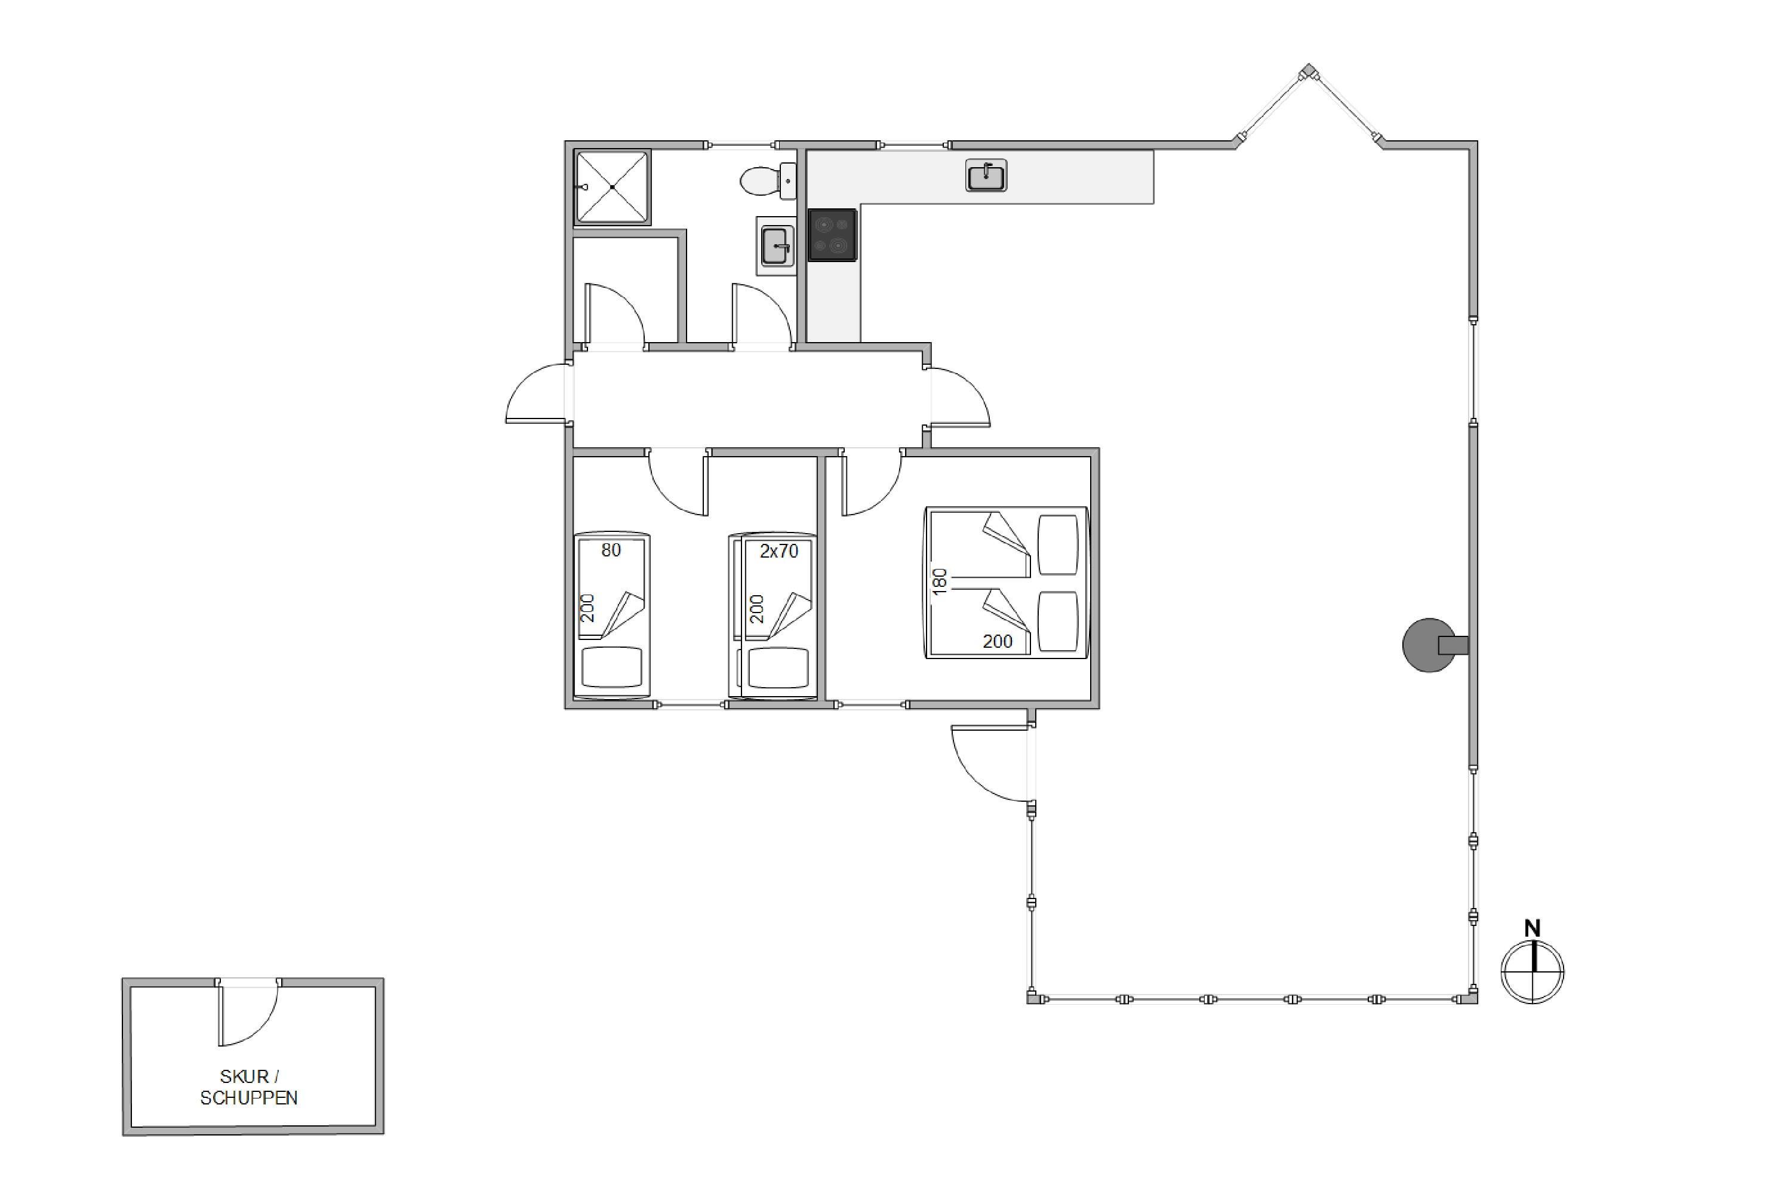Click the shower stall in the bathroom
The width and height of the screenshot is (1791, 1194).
click(x=613, y=186)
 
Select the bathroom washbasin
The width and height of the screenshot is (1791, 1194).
click(x=777, y=246)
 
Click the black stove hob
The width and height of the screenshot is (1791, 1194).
click(x=832, y=235)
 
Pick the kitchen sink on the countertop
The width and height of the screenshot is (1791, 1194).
click(x=986, y=175)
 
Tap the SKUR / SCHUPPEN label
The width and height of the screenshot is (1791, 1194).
click(x=249, y=1087)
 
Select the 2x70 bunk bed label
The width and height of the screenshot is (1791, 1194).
click(x=779, y=551)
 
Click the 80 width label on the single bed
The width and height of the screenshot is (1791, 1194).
click(x=611, y=550)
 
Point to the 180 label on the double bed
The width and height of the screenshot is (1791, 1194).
click(x=940, y=581)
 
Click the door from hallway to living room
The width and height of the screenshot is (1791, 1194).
click(x=957, y=397)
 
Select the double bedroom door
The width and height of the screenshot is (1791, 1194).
click(x=871, y=482)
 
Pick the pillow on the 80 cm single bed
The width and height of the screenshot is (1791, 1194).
click(x=611, y=668)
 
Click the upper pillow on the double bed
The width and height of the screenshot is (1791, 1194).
click(x=1058, y=545)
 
